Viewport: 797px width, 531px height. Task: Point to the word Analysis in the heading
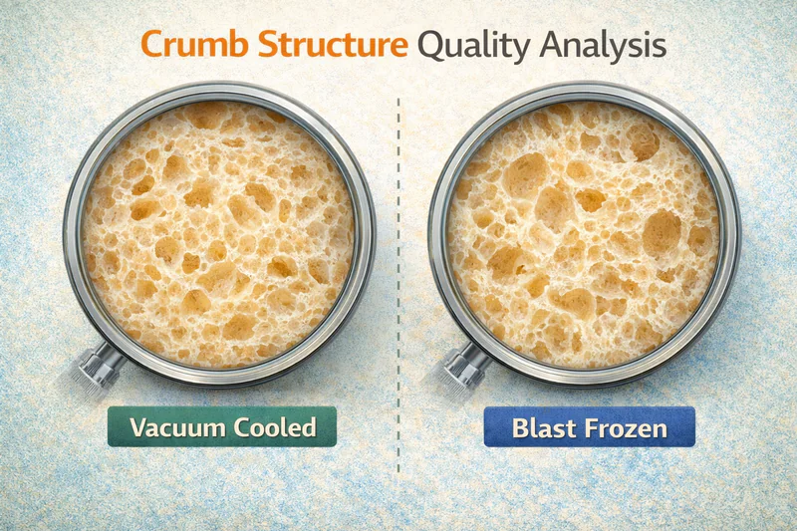coord(601,47)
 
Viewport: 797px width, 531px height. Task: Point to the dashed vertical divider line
coord(398,299)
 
